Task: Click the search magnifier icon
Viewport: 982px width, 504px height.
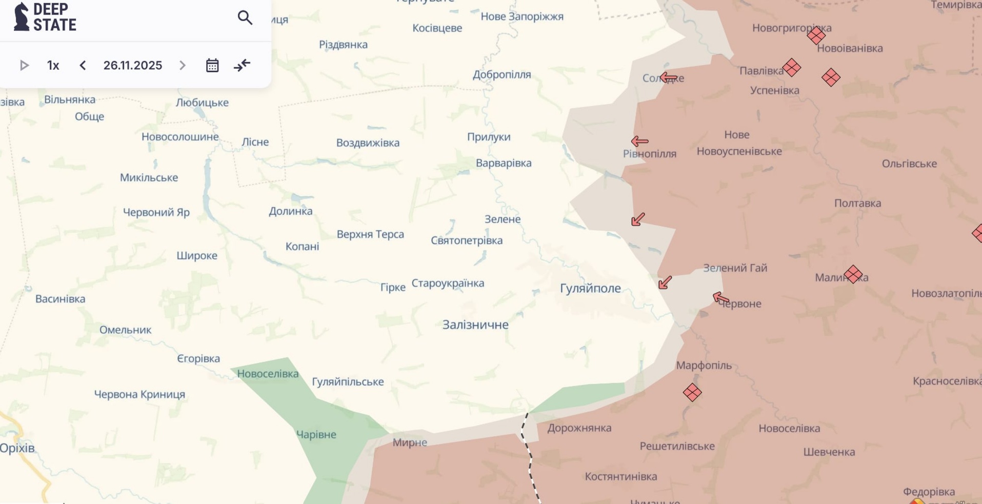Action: point(245,18)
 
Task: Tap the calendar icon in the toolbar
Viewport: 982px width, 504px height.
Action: point(212,66)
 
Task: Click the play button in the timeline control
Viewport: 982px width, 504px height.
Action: point(24,66)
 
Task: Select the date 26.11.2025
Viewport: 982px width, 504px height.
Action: point(132,66)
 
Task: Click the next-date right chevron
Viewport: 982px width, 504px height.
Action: point(183,66)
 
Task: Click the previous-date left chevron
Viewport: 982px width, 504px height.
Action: point(83,66)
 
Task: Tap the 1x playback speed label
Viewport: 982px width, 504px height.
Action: point(53,66)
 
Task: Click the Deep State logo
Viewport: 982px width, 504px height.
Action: point(45,17)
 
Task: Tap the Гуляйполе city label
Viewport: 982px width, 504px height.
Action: point(590,288)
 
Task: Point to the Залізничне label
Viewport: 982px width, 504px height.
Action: point(475,325)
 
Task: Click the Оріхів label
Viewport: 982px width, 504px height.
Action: point(17,448)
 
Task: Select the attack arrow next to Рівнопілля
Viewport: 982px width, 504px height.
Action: point(639,141)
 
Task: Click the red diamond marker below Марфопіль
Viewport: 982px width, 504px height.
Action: point(692,393)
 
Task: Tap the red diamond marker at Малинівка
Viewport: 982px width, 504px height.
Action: point(853,274)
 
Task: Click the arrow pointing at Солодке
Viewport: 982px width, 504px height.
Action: point(668,78)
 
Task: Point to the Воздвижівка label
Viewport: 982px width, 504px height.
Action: point(368,143)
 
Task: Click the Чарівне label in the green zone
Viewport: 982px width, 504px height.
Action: point(316,435)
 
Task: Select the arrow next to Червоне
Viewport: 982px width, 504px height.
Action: point(720,297)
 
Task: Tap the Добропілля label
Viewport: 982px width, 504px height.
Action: point(502,75)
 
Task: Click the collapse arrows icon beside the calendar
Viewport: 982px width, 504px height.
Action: point(242,66)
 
